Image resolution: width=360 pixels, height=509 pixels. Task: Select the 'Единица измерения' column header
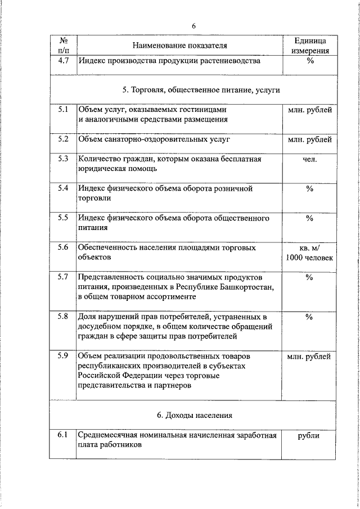(309, 46)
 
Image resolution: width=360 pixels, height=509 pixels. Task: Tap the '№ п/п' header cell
(63, 46)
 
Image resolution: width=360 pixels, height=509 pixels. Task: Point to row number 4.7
(63, 61)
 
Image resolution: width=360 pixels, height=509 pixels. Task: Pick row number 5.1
(63, 109)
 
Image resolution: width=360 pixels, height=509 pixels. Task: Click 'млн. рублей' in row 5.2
(309, 138)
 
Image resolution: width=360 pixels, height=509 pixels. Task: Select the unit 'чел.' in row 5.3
(309, 159)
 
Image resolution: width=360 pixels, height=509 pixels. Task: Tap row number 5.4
(63, 188)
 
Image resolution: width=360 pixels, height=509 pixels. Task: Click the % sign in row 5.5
(309, 218)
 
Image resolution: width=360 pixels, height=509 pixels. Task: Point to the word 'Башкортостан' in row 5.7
(249, 286)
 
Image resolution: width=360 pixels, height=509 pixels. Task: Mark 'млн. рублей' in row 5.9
(309, 356)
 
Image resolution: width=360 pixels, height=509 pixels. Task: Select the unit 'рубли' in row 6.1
(309, 435)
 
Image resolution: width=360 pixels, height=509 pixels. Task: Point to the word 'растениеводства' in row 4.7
(231, 61)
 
